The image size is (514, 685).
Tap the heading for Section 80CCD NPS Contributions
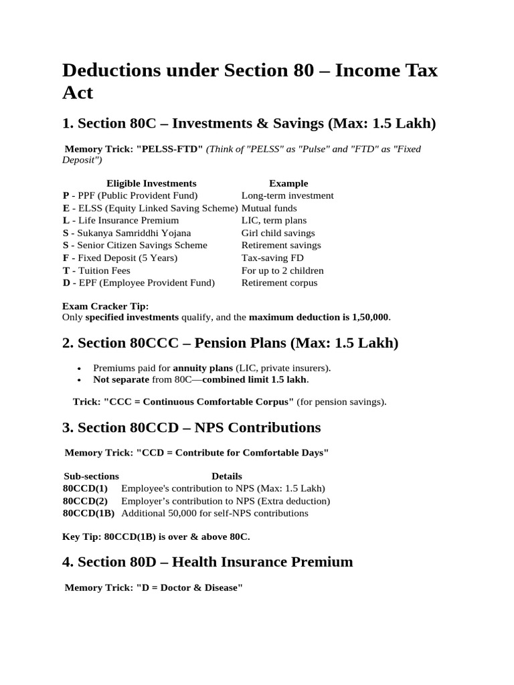click(191, 427)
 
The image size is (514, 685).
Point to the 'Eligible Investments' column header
click(151, 183)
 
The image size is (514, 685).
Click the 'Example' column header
click(288, 183)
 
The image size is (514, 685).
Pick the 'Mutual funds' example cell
click(269, 208)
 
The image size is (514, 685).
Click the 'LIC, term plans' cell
click(274, 220)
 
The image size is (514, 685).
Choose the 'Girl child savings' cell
click(278, 233)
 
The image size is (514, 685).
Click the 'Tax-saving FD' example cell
click(270, 258)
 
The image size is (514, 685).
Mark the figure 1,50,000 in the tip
click(367, 317)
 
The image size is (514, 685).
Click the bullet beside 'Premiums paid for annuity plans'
click(80, 369)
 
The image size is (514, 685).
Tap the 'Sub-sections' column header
click(91, 476)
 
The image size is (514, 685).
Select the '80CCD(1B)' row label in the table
click(88, 513)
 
